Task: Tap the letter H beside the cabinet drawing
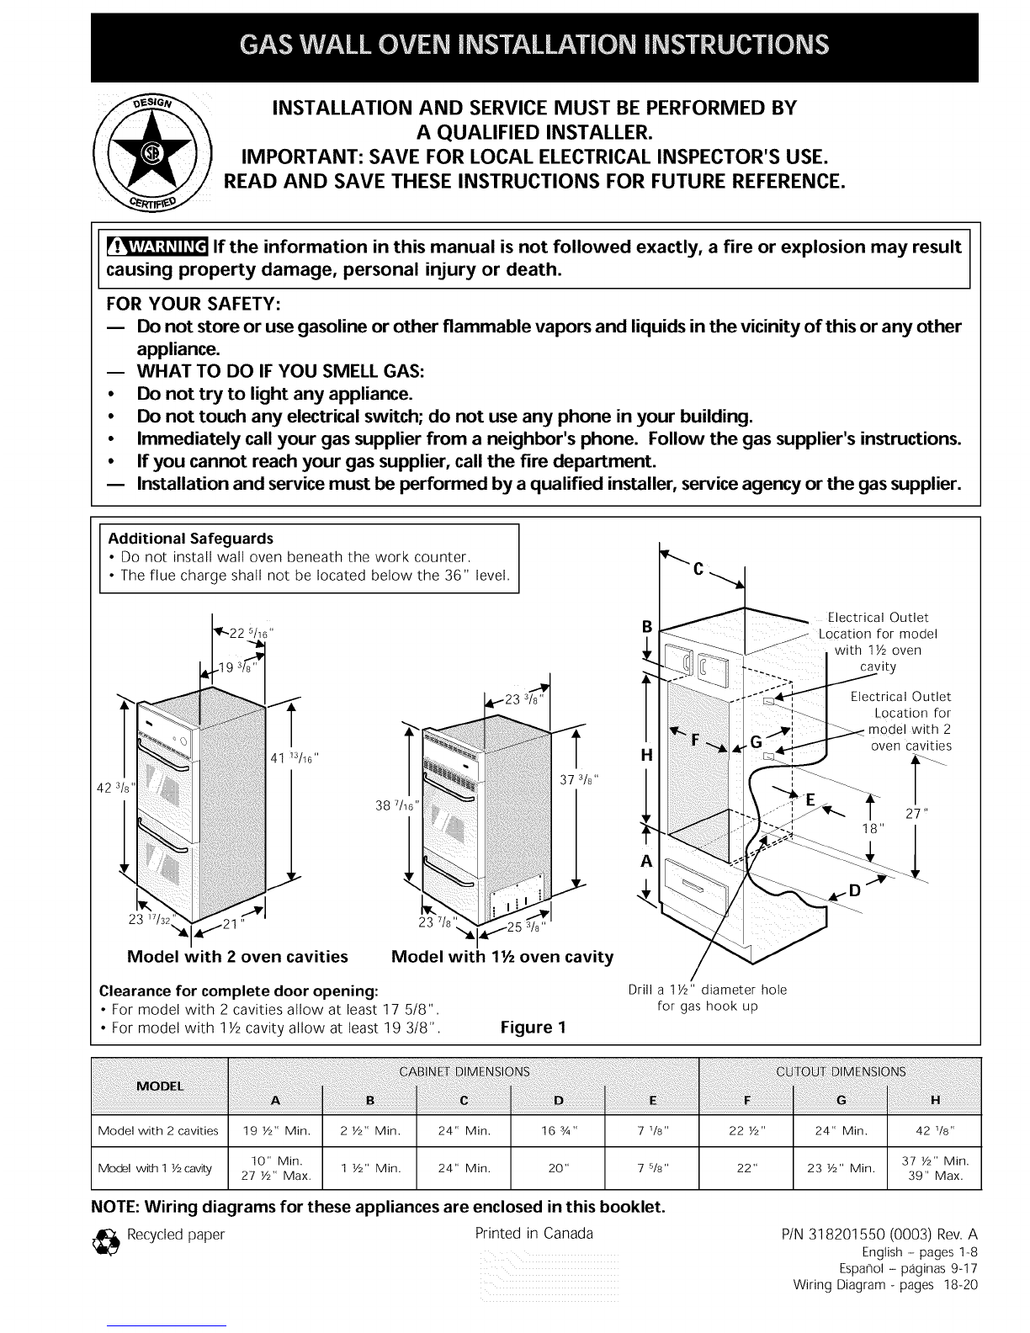pos(647,755)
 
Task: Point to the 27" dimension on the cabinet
pos(916,813)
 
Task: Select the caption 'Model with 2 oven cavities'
pos(237,957)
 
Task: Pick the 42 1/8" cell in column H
pos(934,1129)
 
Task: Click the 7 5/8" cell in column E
pos(652,1168)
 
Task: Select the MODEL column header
pos(159,1085)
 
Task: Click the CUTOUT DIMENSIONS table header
pos(840,1071)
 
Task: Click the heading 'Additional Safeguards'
pos(190,538)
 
